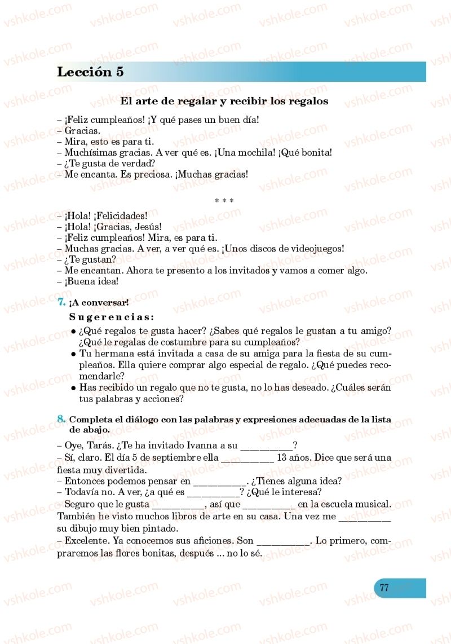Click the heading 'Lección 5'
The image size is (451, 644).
(x=90, y=72)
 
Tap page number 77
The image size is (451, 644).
(x=384, y=587)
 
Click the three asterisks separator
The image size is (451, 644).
(x=224, y=200)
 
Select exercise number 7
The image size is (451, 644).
(x=61, y=302)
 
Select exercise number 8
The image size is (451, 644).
(x=61, y=418)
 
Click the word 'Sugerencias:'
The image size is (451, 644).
(x=112, y=317)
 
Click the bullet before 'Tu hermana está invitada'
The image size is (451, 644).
(x=73, y=354)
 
